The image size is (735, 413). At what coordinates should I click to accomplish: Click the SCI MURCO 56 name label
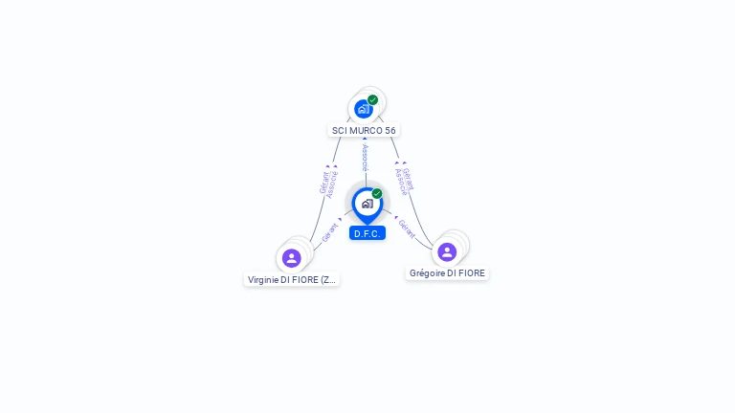[x=364, y=130]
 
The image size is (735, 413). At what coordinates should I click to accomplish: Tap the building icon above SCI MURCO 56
[x=363, y=109]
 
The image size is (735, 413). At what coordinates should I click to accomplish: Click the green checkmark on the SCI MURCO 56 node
[x=373, y=99]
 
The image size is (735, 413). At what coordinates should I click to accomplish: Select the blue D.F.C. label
[x=367, y=233]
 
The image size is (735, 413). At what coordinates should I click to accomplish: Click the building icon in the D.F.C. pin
[x=367, y=203]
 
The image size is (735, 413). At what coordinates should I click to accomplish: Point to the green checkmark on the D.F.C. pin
[x=377, y=193]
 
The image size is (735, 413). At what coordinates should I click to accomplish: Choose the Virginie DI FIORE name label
[x=292, y=280]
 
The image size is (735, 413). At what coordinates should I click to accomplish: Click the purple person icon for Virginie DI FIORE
[x=292, y=258]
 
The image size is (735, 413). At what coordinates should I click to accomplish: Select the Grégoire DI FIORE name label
[x=447, y=273]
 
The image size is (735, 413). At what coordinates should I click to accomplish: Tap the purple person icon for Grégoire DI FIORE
[x=447, y=251]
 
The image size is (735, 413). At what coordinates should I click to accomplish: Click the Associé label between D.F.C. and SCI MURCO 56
[x=365, y=158]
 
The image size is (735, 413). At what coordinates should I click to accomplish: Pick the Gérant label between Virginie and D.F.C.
[x=330, y=232]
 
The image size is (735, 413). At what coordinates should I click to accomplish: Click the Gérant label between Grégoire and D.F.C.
[x=406, y=228]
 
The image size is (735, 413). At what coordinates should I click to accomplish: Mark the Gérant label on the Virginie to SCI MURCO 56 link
[x=323, y=182]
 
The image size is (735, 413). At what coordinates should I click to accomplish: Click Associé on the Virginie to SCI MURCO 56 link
[x=332, y=185]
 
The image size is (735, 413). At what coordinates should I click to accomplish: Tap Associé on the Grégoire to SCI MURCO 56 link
[x=401, y=182]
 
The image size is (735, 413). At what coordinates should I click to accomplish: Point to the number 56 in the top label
[x=390, y=130]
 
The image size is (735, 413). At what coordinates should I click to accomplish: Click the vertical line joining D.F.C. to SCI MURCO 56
[x=365, y=177]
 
